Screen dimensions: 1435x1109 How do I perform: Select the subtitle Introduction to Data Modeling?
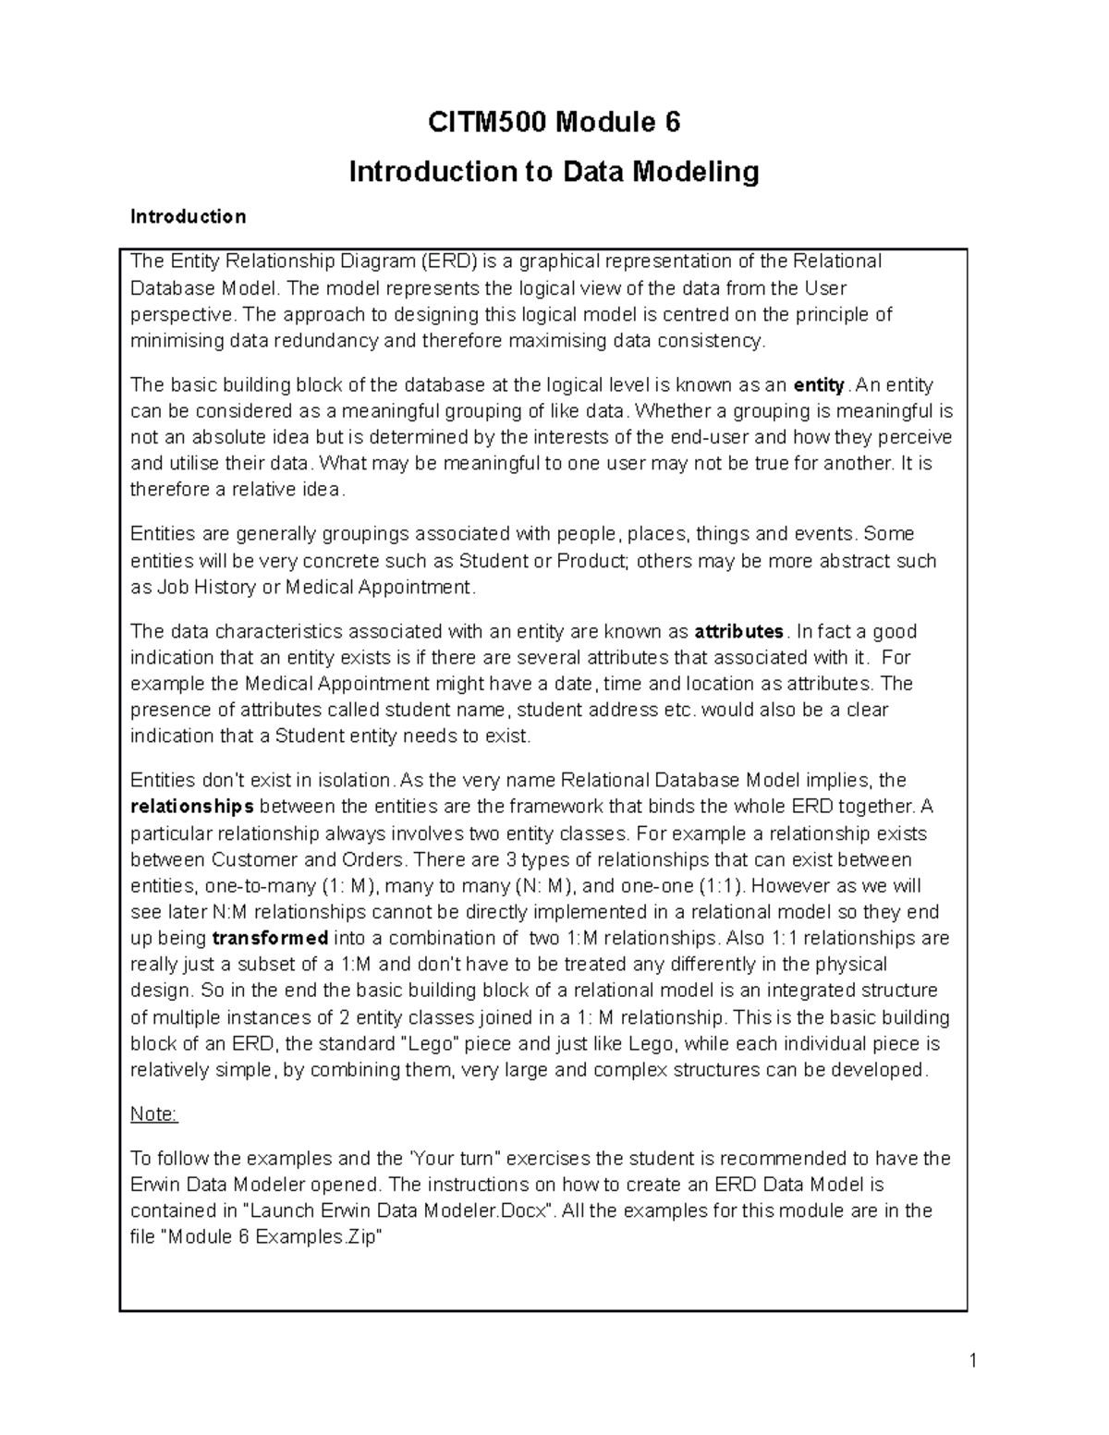pyautogui.click(x=554, y=171)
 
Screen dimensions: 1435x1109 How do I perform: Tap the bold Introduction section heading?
pyautogui.click(x=188, y=216)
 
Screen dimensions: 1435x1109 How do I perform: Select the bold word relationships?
pyautogui.click(x=192, y=807)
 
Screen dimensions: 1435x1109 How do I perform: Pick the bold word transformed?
pyautogui.click(x=270, y=938)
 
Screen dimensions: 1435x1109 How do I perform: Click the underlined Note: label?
pyautogui.click(x=153, y=1114)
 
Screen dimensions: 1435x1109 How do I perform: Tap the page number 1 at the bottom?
pyautogui.click(x=973, y=1360)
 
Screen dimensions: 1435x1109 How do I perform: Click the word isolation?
pyautogui.click(x=355, y=781)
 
